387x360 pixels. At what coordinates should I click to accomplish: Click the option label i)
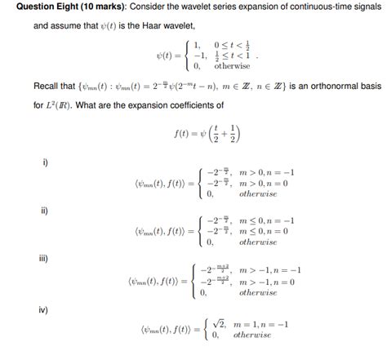pos(46,162)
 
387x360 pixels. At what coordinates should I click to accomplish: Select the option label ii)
pos(47,211)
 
